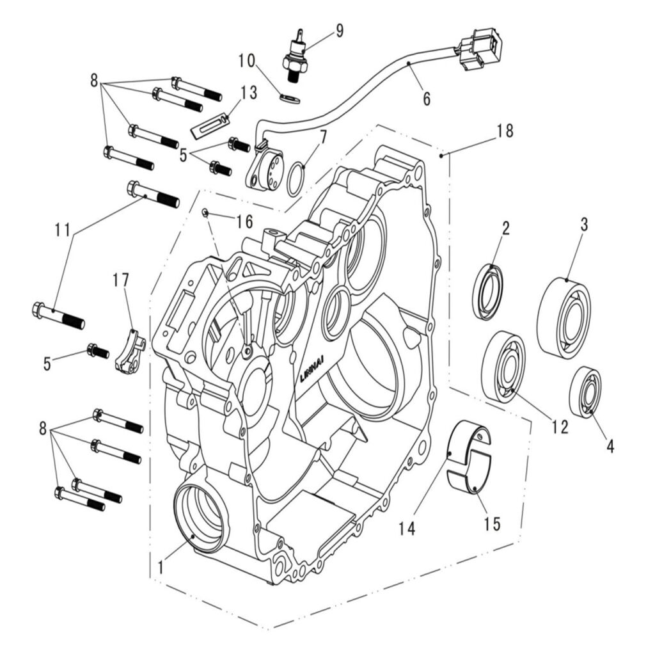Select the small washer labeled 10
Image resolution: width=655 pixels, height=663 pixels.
coord(290,97)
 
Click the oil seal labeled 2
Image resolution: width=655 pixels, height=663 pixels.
coord(488,291)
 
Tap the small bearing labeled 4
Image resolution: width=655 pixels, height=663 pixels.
coord(585,392)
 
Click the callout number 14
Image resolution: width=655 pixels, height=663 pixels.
coord(407,528)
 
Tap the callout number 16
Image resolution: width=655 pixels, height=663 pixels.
coord(244,222)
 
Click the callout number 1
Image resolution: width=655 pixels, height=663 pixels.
coord(161,565)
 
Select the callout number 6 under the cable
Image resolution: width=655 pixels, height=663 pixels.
coord(426,99)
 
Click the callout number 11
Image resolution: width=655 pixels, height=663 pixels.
coord(63,229)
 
